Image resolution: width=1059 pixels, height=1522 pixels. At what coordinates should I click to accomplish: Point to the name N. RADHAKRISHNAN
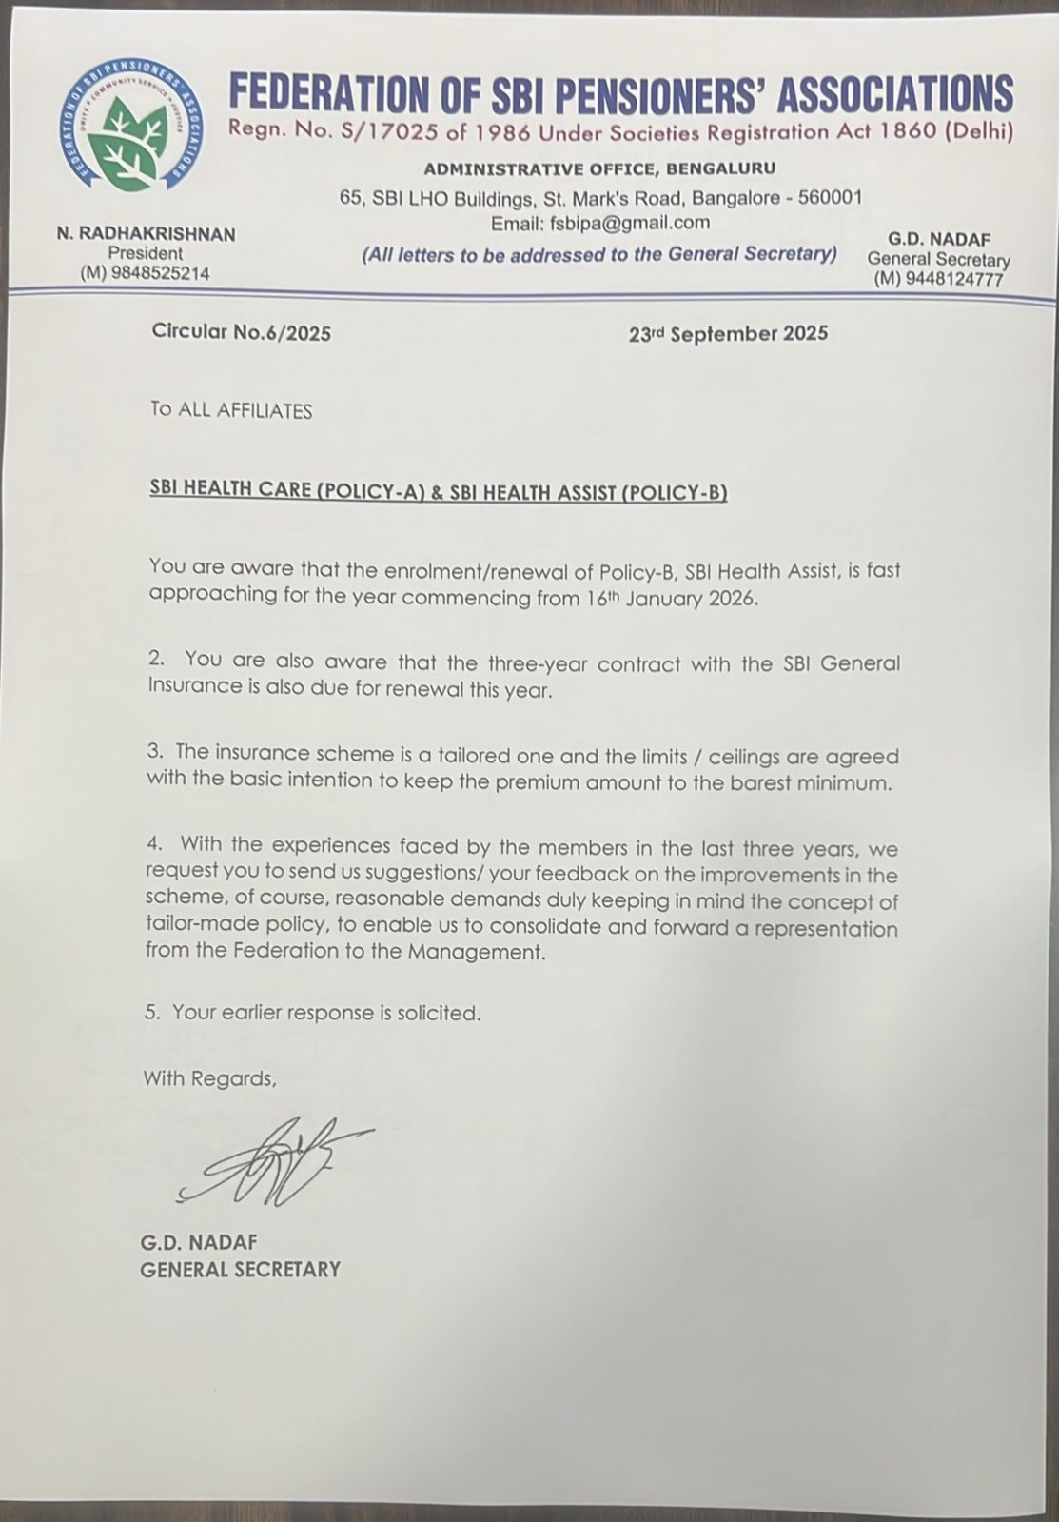point(146,233)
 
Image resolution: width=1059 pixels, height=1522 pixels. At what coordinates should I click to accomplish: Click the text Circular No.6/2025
point(241,332)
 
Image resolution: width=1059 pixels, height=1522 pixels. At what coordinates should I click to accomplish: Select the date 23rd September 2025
point(728,333)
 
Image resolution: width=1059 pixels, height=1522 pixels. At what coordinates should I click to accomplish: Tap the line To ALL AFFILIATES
point(231,410)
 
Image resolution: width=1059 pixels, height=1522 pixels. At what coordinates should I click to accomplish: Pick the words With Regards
point(209,1078)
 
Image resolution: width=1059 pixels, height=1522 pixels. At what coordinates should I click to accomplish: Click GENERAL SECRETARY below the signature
point(240,1269)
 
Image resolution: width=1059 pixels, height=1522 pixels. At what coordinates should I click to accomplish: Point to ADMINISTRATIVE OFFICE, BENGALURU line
point(599,168)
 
